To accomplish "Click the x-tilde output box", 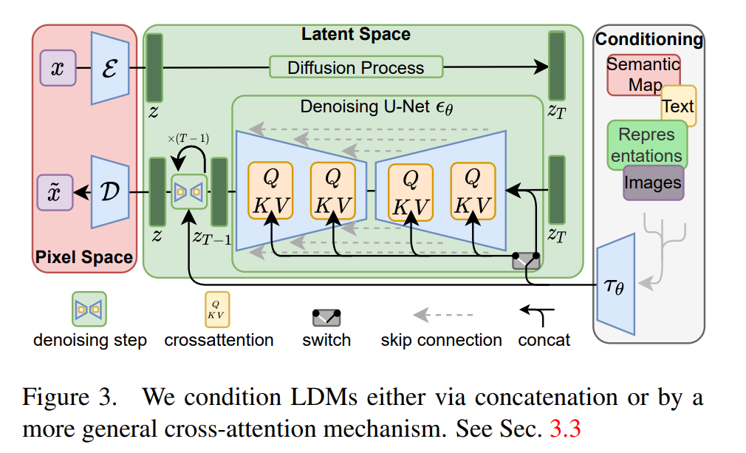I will (x=57, y=192).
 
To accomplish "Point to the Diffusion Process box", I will (x=356, y=67).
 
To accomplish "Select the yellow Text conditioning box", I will (x=678, y=106).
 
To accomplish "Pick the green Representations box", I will (x=646, y=145).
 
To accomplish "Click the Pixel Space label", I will (x=85, y=258).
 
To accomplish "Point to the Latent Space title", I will (x=355, y=34).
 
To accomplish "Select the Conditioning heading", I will (x=649, y=39).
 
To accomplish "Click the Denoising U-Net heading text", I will (x=376, y=107).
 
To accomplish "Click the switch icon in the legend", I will (x=326, y=318).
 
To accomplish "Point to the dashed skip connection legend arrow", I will (x=442, y=316).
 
